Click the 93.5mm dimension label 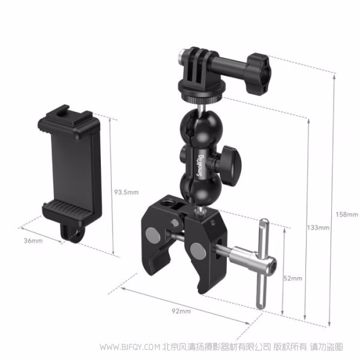pyautogui.click(x=126, y=192)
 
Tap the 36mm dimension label pyautogui.click(x=34, y=241)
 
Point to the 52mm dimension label pyautogui.click(x=293, y=278)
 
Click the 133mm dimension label pyautogui.click(x=317, y=227)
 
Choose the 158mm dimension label pyautogui.click(x=347, y=214)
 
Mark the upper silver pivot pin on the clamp pyautogui.click(x=152, y=232)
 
